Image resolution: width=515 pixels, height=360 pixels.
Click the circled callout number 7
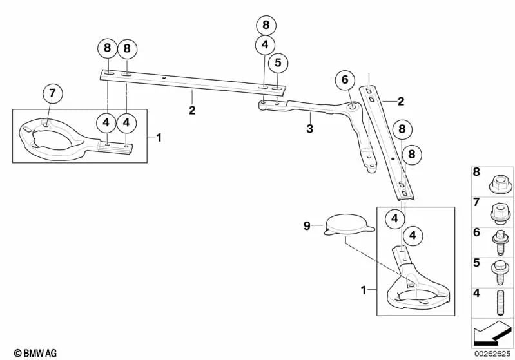[53, 94]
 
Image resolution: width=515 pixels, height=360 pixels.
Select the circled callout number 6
[345, 80]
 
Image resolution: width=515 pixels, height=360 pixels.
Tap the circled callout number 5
[278, 63]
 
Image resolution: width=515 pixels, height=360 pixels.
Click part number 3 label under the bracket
[309, 129]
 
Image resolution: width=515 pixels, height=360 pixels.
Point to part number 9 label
[307, 225]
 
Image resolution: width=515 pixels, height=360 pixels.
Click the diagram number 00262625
[492, 354]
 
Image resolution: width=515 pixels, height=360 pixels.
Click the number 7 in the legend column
[477, 202]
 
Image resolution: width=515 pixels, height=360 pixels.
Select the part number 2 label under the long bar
[191, 110]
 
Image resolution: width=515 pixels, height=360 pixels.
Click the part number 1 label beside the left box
[159, 137]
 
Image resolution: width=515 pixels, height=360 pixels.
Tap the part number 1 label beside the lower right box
[364, 290]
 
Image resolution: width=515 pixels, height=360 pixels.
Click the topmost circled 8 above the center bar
[265, 26]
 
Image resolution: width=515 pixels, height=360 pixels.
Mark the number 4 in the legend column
[477, 294]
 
